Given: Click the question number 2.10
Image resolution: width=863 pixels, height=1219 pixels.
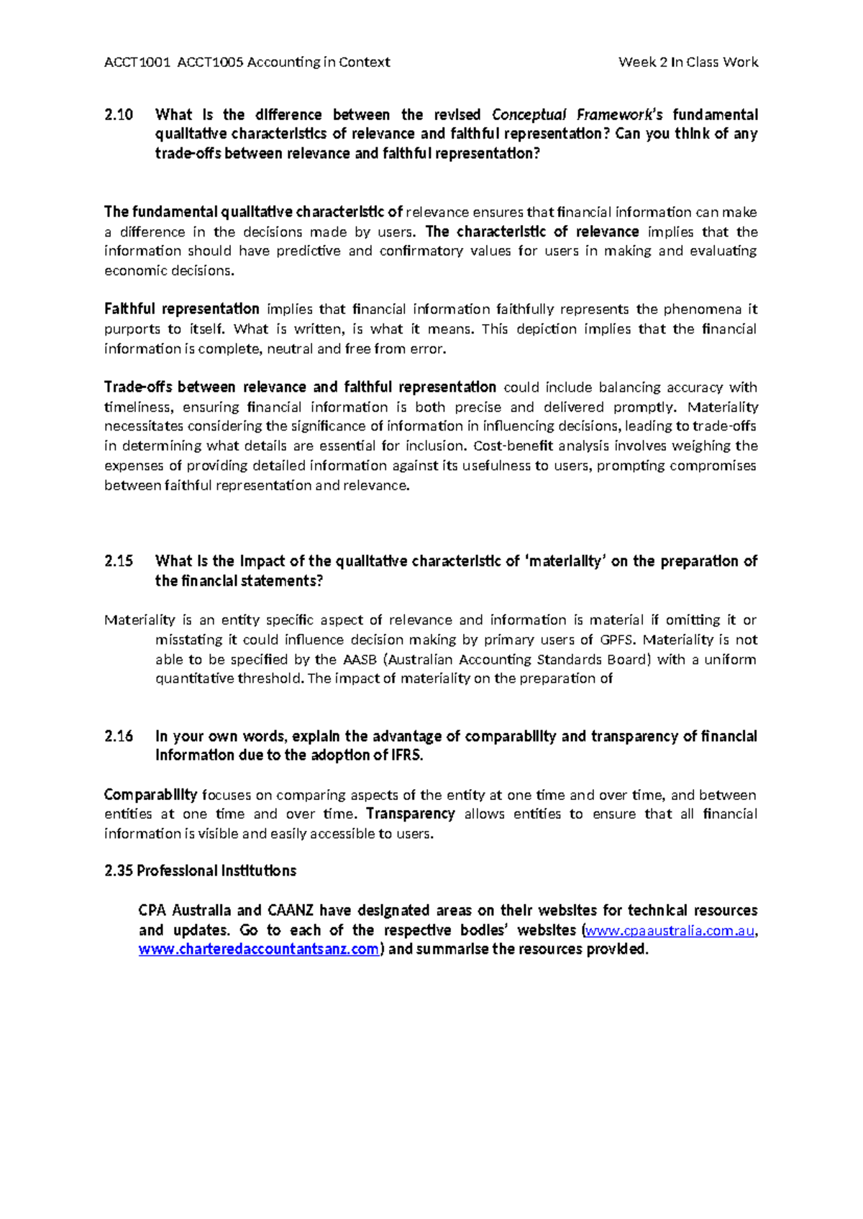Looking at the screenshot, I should coord(119,115).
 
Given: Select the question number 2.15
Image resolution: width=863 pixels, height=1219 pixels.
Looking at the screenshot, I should coord(119,561).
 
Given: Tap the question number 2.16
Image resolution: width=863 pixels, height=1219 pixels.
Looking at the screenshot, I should coord(119,737).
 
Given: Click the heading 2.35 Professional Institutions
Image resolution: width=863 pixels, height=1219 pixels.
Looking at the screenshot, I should coord(200,871).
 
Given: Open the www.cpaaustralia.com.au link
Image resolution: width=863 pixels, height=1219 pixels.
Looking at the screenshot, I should coord(670,931).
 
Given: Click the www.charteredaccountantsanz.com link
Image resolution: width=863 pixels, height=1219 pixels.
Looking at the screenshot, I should coord(258,949).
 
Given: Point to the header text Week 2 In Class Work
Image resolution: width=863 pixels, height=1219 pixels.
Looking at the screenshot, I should coord(688,63).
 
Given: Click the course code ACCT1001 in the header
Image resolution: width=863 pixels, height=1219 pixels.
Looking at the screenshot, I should coord(137,63).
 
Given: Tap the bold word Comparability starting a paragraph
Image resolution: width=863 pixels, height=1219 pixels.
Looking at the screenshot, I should coord(150,795).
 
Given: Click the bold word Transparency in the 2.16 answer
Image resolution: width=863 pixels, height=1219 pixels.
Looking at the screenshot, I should coord(410,814).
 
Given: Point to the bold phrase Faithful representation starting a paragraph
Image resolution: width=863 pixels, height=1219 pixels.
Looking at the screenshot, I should coord(181,309).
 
